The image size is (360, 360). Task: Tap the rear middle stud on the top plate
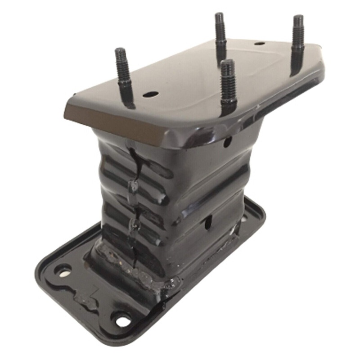click(x=220, y=34)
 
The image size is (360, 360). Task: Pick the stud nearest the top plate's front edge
click(x=228, y=85)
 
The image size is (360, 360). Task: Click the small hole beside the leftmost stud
click(x=150, y=94)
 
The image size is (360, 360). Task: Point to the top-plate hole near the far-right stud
click(x=259, y=44)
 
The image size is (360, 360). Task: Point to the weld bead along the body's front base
click(x=130, y=265)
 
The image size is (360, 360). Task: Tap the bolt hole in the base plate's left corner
click(x=63, y=271)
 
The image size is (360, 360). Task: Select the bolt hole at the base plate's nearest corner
click(x=122, y=320)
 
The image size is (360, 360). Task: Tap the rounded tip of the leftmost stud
click(x=120, y=51)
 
